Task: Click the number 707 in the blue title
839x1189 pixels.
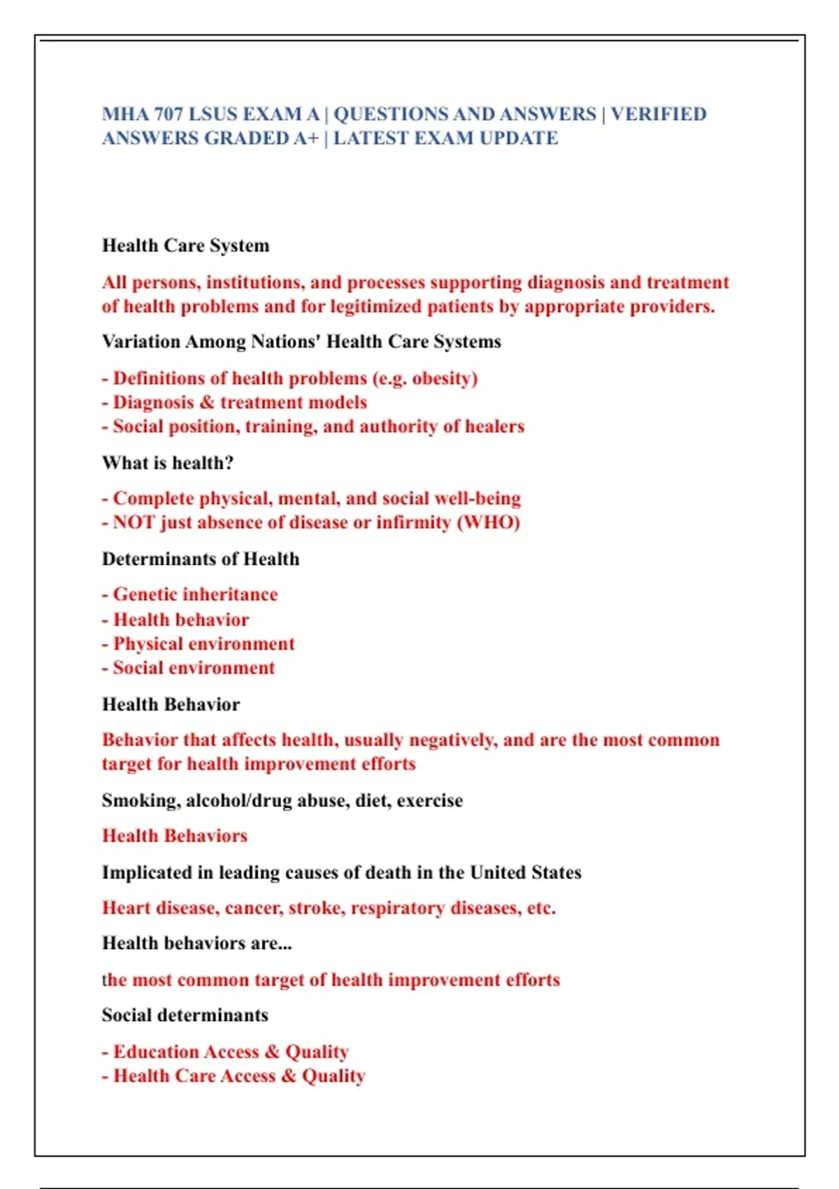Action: click(x=168, y=114)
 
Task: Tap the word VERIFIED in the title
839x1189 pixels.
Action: click(x=659, y=114)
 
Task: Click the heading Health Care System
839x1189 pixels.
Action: click(x=185, y=245)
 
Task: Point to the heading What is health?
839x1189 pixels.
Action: click(x=168, y=463)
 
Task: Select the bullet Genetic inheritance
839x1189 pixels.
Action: click(x=195, y=594)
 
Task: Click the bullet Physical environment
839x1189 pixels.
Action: click(x=203, y=644)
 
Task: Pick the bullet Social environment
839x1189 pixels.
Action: click(x=194, y=668)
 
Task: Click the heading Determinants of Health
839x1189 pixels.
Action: click(x=201, y=559)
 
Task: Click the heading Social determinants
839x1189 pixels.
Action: click(x=185, y=1015)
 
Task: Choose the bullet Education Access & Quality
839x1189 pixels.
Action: click(x=231, y=1052)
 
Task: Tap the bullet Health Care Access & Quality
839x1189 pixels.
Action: click(x=239, y=1076)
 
